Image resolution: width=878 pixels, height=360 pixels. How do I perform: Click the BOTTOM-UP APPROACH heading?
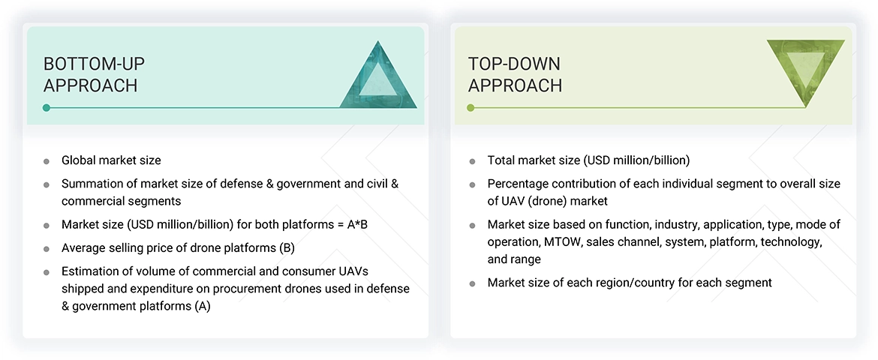[90, 74]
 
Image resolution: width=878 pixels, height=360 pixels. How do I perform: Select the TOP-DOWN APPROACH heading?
[515, 74]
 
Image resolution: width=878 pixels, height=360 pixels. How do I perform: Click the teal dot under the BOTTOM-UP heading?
[47, 108]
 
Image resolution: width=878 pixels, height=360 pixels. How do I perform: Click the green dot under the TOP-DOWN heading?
[471, 108]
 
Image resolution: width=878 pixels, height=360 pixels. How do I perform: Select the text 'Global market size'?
[111, 160]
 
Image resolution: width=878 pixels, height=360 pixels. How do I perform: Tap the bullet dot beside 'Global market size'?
[47, 161]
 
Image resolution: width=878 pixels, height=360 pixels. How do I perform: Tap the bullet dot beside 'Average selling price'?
[47, 249]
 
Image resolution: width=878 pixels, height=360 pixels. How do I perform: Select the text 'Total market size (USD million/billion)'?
[588, 160]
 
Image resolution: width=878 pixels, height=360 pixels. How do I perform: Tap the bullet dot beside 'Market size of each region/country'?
[472, 284]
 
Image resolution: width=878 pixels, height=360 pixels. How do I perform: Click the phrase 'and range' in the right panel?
[514, 259]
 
